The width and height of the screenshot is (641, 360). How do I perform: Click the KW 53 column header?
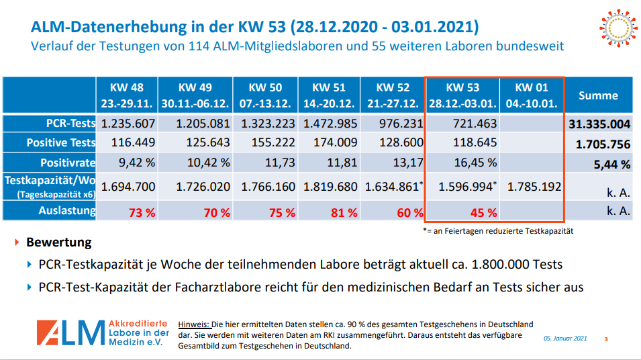tap(463, 95)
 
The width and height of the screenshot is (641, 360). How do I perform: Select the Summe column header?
tap(599, 95)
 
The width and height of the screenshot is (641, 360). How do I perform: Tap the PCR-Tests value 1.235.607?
tap(128, 124)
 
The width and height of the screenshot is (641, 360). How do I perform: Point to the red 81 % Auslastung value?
tap(344, 212)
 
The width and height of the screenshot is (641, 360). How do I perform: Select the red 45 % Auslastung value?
tap(484, 212)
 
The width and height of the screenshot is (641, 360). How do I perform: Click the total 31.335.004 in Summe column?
tap(599, 124)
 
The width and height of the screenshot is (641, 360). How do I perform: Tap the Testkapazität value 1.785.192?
tap(534, 187)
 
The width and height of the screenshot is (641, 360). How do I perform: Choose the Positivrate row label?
tap(67, 162)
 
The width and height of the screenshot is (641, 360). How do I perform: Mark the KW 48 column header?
tap(128, 95)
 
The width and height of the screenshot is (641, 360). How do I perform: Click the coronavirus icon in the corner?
tap(615, 28)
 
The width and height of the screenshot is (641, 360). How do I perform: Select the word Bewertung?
tap(59, 242)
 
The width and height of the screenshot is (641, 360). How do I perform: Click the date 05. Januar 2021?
tap(565, 339)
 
